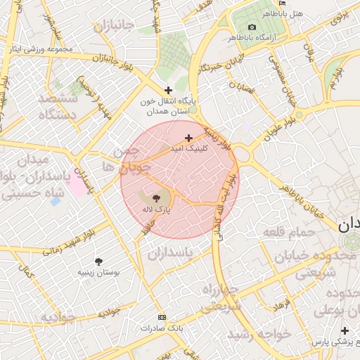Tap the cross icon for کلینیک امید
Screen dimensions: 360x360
point(188,138)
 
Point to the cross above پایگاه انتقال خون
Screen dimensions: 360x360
point(167,90)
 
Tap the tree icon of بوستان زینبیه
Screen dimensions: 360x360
point(98,262)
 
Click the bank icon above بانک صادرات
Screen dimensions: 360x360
point(161,317)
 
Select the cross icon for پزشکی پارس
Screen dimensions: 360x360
point(345,330)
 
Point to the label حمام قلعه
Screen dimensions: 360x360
point(285,231)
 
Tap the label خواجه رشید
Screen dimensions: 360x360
point(264,334)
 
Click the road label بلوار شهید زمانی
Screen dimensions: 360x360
point(68,241)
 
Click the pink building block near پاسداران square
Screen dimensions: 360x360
point(77,184)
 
